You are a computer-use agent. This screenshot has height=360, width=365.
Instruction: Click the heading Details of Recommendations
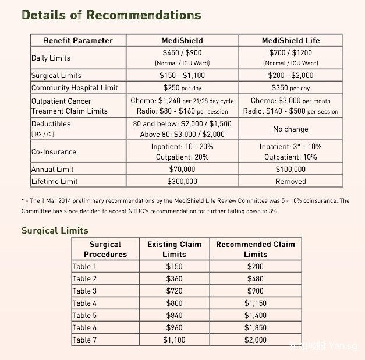[111, 15]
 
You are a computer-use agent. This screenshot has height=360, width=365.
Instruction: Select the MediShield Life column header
[290, 40]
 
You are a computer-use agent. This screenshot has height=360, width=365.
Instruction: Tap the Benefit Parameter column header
[78, 40]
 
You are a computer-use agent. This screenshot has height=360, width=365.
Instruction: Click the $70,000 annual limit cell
[182, 169]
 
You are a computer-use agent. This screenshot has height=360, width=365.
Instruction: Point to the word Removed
[290, 181]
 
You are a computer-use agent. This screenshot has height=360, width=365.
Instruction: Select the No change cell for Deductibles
[290, 129]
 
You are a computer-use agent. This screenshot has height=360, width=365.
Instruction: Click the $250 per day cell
[182, 87]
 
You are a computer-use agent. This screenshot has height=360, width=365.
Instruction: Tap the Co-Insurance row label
[54, 151]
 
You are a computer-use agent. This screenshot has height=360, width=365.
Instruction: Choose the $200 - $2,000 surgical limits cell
[290, 75]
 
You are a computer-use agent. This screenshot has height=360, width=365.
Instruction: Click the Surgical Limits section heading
[55, 231]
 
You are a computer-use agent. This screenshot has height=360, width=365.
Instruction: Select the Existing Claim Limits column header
[174, 249]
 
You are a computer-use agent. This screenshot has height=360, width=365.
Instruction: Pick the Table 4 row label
[84, 303]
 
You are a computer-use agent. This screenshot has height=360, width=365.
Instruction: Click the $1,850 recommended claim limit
[255, 327]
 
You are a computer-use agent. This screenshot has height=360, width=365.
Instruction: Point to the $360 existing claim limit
[174, 278]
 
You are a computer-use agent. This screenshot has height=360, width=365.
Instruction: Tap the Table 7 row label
[84, 340]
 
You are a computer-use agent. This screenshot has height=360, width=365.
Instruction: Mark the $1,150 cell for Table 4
[255, 303]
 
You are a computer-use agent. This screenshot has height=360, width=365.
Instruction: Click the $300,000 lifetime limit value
[182, 181]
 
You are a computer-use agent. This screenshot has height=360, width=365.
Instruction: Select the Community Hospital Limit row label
[75, 87]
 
